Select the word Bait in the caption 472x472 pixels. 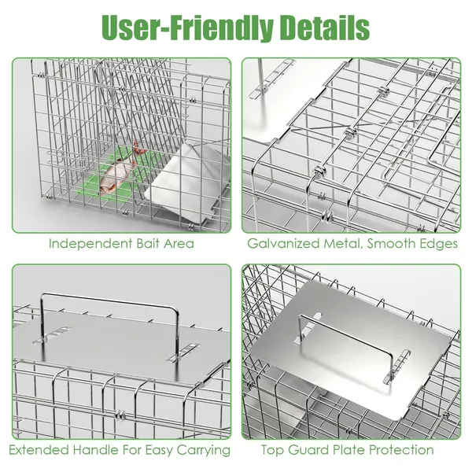[x=148, y=244]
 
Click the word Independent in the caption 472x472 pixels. [x=90, y=244]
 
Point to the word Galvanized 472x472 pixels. [x=283, y=244]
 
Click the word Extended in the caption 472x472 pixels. [x=39, y=450]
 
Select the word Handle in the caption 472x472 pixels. [x=96, y=450]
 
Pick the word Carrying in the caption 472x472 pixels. [x=204, y=451]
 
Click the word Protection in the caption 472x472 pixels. [x=401, y=450]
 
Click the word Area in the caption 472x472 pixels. [x=179, y=244]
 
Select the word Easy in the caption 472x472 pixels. [x=160, y=451]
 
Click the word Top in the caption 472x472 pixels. [x=272, y=451]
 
